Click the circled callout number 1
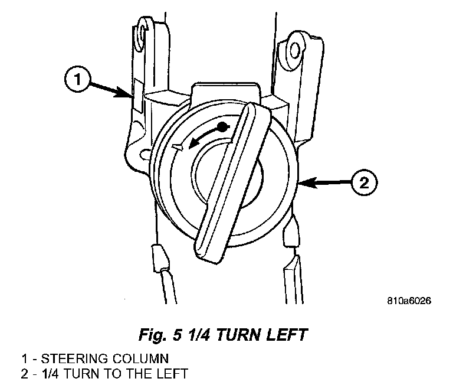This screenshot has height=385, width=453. (77, 79)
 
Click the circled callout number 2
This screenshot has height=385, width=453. (365, 182)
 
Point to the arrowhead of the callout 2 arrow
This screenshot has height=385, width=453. (306, 183)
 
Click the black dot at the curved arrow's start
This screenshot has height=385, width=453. (222, 127)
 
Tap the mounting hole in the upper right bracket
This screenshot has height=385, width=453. (294, 50)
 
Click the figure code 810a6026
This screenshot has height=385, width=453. (409, 301)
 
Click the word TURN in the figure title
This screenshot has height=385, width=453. (238, 335)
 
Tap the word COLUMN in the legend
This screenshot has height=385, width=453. (141, 358)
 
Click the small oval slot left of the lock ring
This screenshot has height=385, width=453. (145, 154)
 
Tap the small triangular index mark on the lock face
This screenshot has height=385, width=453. (177, 147)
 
